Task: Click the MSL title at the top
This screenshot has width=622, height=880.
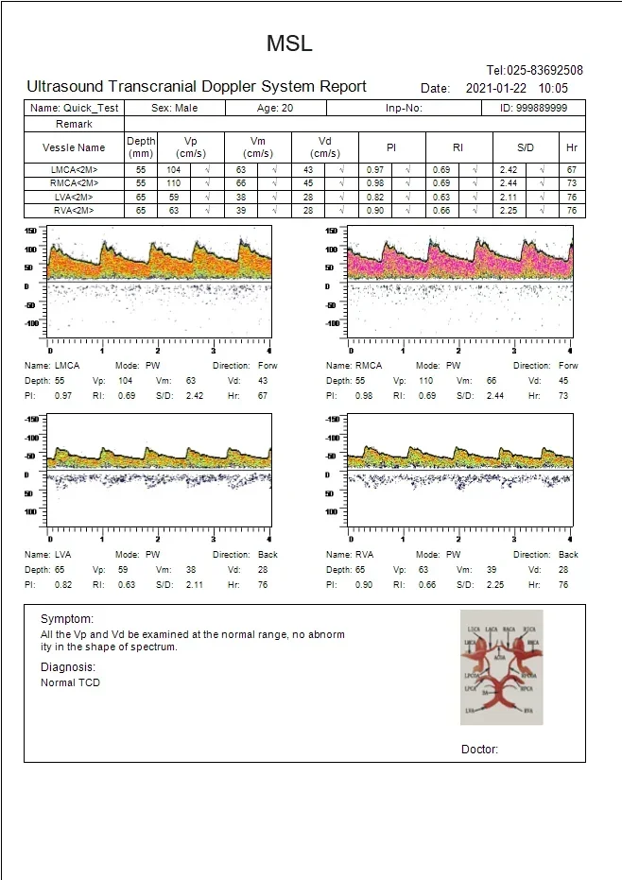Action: [x=288, y=43]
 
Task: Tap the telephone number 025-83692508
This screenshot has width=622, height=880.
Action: [x=534, y=70]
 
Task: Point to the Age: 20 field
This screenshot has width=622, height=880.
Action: [x=275, y=108]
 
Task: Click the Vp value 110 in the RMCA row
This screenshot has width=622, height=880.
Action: [x=173, y=182]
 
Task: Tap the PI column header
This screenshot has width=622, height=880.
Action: [x=391, y=147]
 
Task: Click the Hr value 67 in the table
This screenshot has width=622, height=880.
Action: [x=571, y=169]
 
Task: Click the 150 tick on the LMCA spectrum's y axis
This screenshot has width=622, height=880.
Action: [x=31, y=231]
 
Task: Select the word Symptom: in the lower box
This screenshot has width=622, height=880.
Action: [x=67, y=618]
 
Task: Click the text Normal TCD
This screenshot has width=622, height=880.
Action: [x=70, y=682]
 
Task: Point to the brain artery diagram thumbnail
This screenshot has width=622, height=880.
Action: [x=500, y=667]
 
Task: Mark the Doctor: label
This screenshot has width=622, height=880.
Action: [x=479, y=750]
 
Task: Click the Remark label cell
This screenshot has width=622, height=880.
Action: [x=74, y=124]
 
